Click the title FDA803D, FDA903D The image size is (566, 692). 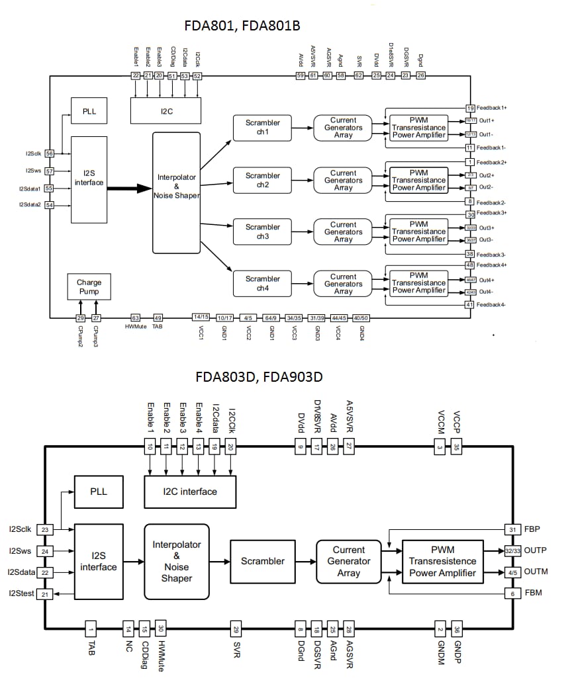(x=259, y=377)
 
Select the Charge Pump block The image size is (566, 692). (x=89, y=286)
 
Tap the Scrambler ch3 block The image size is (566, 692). (x=263, y=232)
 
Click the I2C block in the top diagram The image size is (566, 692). (x=166, y=111)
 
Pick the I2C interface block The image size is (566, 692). (x=190, y=492)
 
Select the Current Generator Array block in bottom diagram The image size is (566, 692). (x=348, y=561)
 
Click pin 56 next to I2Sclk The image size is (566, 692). (x=50, y=153)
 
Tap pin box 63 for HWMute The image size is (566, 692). (x=136, y=318)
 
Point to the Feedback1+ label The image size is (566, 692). (x=492, y=107)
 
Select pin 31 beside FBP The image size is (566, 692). (x=511, y=529)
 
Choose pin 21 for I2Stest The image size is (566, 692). (x=45, y=595)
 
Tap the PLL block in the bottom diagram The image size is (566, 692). (x=99, y=492)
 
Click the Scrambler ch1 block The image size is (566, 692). (x=263, y=127)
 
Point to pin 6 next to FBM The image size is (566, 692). (x=511, y=593)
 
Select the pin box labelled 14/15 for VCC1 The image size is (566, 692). (x=201, y=318)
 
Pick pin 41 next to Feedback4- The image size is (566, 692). (x=470, y=305)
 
